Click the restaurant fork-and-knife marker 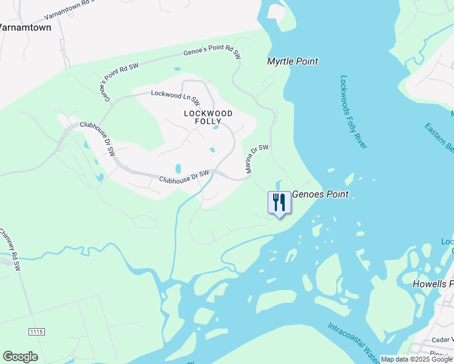279,203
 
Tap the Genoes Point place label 320,195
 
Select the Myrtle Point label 293,61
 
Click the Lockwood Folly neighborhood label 208,117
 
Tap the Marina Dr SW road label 257,160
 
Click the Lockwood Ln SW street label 175,94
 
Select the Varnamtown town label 25,28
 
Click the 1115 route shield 36,331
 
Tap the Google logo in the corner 20,357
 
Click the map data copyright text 416,359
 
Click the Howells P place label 433,284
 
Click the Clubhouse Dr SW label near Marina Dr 184,177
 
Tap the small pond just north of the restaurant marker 278,184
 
